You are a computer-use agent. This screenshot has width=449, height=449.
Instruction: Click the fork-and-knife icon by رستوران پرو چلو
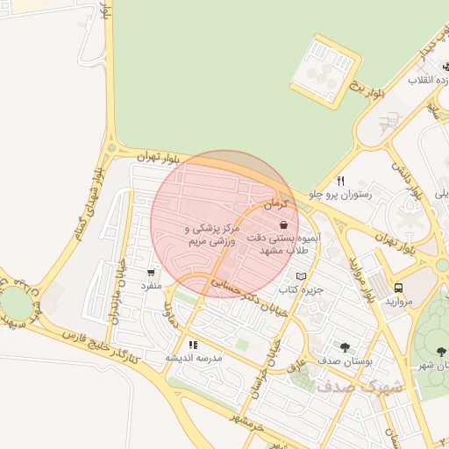[339, 182]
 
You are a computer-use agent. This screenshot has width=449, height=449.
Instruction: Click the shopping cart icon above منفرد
[152, 273]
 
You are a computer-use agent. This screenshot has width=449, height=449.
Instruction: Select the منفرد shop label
[152, 286]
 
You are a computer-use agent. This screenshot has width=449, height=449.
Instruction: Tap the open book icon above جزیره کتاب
[302, 276]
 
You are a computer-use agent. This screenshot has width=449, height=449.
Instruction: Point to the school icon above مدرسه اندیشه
[193, 345]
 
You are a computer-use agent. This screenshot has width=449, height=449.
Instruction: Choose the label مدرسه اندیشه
[194, 358]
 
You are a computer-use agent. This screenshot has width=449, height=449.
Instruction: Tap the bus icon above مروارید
[399, 288]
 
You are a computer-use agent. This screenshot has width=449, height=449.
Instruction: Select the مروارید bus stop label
[399, 301]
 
